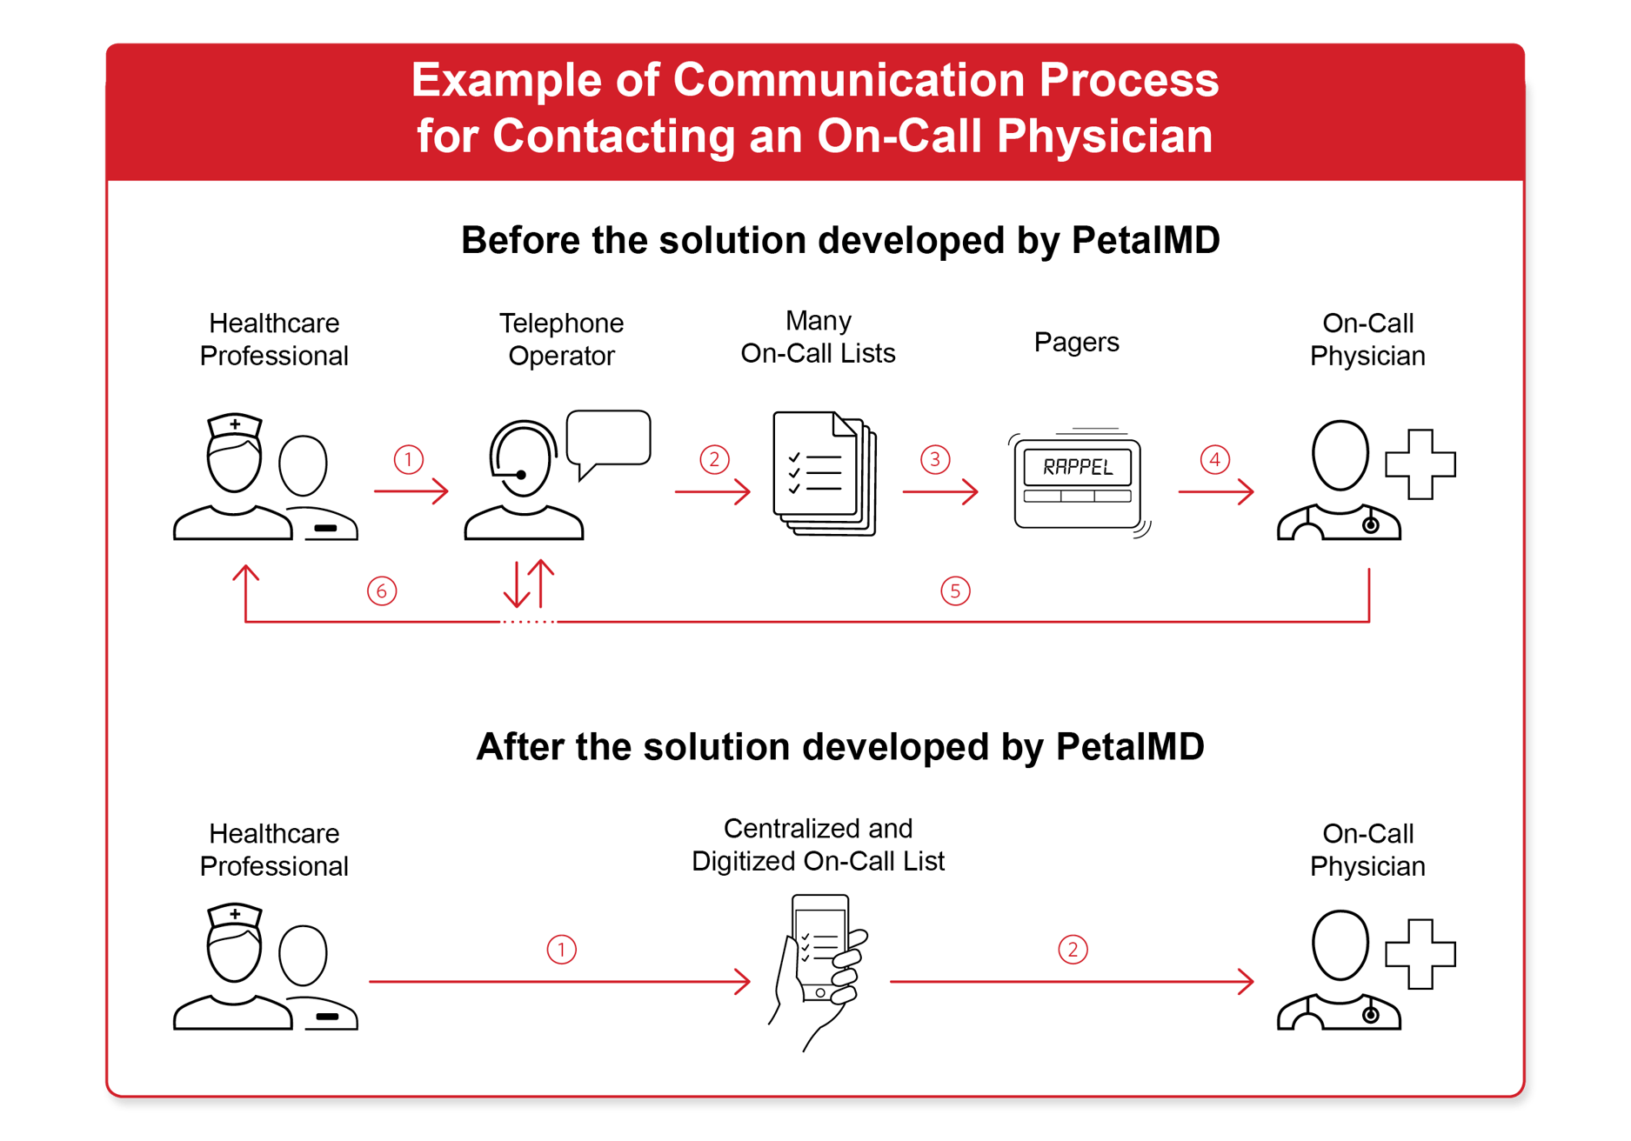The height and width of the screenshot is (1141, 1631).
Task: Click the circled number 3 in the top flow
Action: coord(935,459)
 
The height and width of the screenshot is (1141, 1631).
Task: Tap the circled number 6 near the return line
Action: coord(382,591)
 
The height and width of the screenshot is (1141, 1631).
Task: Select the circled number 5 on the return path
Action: coord(955,591)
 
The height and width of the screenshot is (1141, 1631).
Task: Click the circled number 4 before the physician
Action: coord(1215,459)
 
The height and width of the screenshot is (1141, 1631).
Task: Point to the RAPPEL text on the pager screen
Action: coord(1078,467)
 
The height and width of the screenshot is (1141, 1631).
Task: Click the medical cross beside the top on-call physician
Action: coord(1420,464)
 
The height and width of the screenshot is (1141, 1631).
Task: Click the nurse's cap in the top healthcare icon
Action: coord(235,425)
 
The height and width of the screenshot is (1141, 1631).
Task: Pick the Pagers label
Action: coord(1076,342)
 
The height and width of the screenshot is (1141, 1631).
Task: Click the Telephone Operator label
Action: coord(561,339)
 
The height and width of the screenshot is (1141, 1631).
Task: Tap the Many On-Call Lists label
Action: coord(818,337)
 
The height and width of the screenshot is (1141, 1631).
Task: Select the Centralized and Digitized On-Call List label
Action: coord(818,844)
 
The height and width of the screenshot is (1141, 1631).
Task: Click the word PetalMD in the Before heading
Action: coord(1145,241)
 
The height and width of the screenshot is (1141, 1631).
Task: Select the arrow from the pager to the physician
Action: coord(1215,492)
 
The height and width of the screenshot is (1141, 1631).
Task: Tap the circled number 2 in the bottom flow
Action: coord(1073,950)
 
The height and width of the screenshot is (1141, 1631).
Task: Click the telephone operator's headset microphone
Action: coord(520,475)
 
